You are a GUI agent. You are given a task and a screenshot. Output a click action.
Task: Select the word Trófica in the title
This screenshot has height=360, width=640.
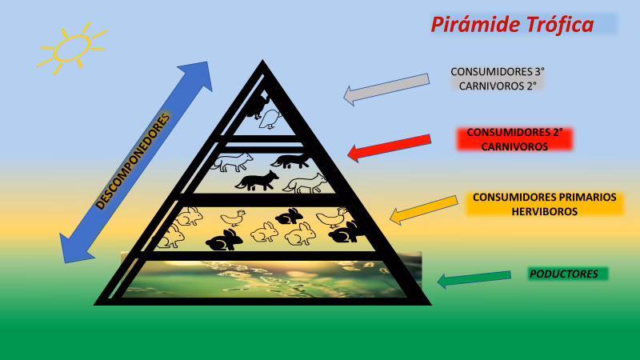coord(558,25)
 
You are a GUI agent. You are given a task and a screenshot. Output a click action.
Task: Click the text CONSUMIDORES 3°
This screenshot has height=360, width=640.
coord(498,71)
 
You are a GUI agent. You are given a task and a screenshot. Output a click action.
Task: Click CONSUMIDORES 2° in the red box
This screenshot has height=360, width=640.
coord(514,132)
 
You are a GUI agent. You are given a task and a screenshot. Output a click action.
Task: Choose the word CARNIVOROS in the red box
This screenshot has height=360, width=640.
coord(514,147)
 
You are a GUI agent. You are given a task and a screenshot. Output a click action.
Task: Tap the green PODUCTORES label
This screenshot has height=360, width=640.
coord(563,274)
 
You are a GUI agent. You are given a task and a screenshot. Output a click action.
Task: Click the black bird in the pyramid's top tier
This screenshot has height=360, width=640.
coord(258,105)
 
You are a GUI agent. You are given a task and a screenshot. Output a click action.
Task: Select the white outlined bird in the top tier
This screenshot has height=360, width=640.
coord(273,119)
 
